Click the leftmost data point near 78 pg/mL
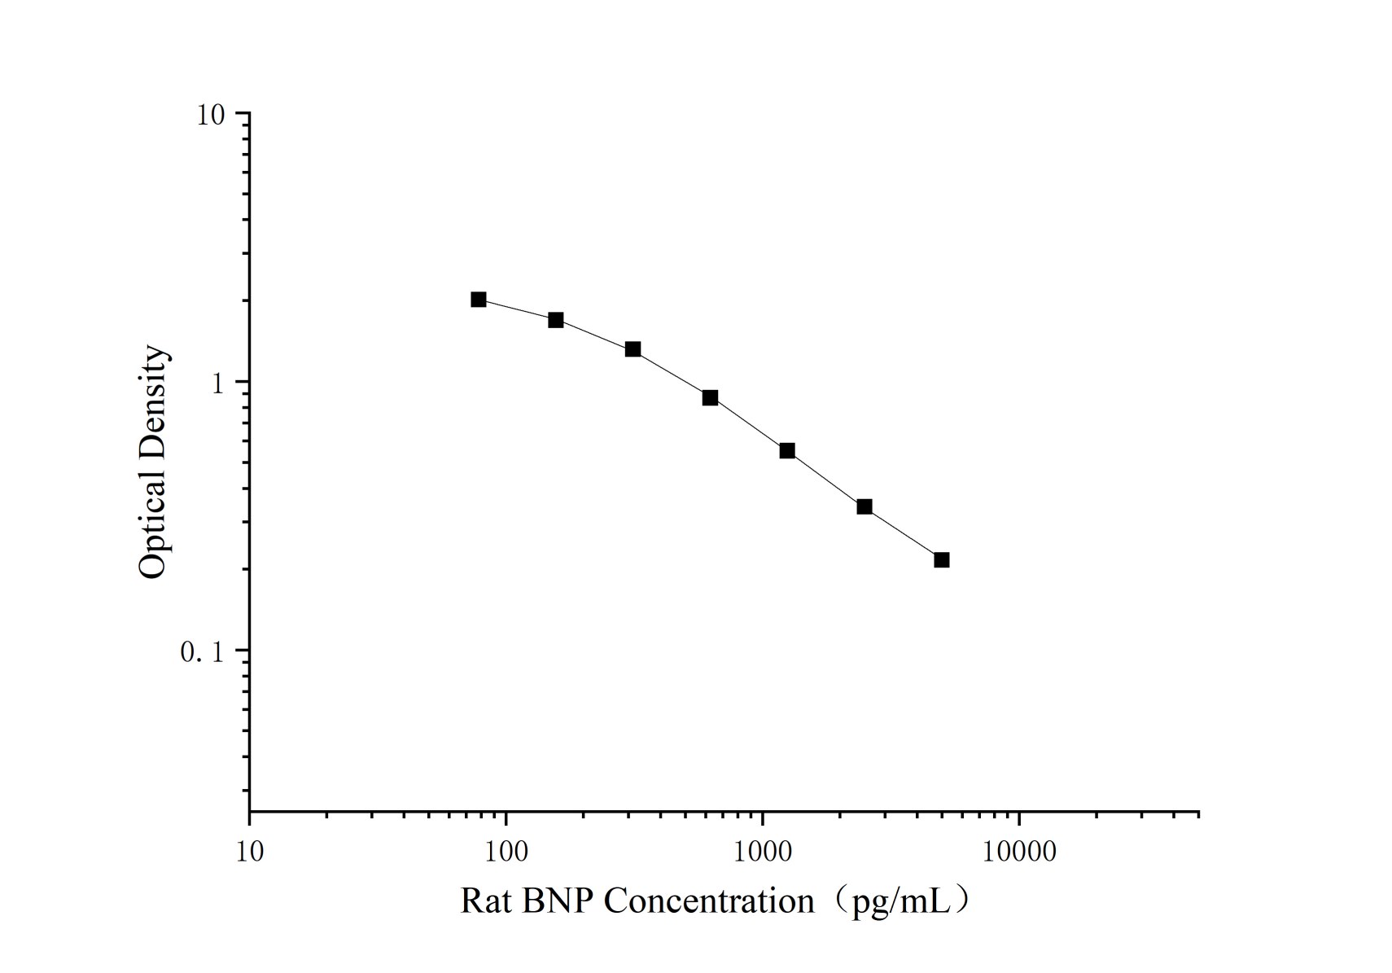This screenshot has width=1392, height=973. pos(479,300)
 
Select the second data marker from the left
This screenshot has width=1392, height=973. pos(556,320)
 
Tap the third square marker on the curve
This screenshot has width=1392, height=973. pos(633,349)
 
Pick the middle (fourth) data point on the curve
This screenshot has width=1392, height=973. pos(710,397)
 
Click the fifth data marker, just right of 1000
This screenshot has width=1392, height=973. pos(787,451)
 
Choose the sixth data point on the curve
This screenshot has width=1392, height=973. pos(865,506)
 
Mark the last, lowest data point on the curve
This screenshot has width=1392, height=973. pos(942,560)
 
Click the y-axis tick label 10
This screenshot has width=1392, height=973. pos(210,115)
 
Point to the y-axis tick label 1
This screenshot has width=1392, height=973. pos(217,383)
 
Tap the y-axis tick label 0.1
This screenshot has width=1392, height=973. pos(201,651)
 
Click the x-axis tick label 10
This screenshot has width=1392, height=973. pos(250,852)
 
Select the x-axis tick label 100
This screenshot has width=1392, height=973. pos(506,852)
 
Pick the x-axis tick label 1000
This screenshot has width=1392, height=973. pos(763,852)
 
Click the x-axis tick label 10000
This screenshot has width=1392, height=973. pos(1019,852)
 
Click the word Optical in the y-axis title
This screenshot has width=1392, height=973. pos(152,525)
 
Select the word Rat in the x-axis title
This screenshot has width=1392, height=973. pos(485,901)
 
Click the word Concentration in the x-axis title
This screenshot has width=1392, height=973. pos(708,901)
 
